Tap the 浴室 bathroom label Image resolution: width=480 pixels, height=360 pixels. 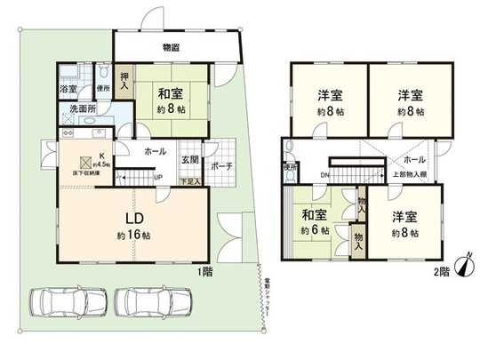pyautogui.click(x=68, y=90)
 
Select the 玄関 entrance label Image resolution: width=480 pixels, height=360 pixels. pyautogui.click(x=190, y=160)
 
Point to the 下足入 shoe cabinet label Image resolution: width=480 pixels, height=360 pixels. pyautogui.click(x=190, y=180)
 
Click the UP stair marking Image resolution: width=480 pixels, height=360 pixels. pyautogui.click(x=158, y=176)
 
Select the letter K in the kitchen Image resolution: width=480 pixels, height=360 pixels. pyautogui.click(x=102, y=154)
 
